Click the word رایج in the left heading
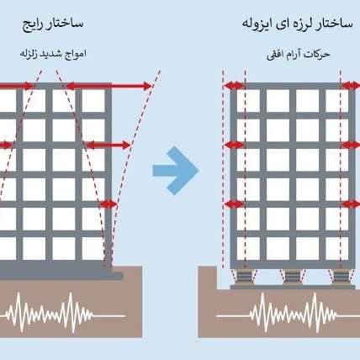pyautogui.click(x=33, y=25)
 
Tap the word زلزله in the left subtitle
pyautogui.click(x=29, y=53)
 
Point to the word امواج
pyautogui.click(x=76, y=53)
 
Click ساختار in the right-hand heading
pyautogui.click(x=334, y=24)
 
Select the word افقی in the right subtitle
pyautogui.click(x=275, y=55)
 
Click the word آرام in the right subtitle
pyautogui.click(x=294, y=54)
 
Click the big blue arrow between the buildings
pyautogui.click(x=176, y=171)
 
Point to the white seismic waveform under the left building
pyautogui.click(x=62, y=313)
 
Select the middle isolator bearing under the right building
pyautogui.click(x=292, y=277)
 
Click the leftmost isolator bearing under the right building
pyautogui.click(x=244, y=277)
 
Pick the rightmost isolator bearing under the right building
pyautogui.click(x=340, y=277)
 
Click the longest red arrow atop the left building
pyautogui.click(x=109, y=86)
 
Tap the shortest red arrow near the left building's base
pyautogui.click(x=109, y=204)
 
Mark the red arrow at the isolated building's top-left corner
pyautogui.click(x=234, y=86)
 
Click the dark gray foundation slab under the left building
pyautogui.click(x=61, y=273)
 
